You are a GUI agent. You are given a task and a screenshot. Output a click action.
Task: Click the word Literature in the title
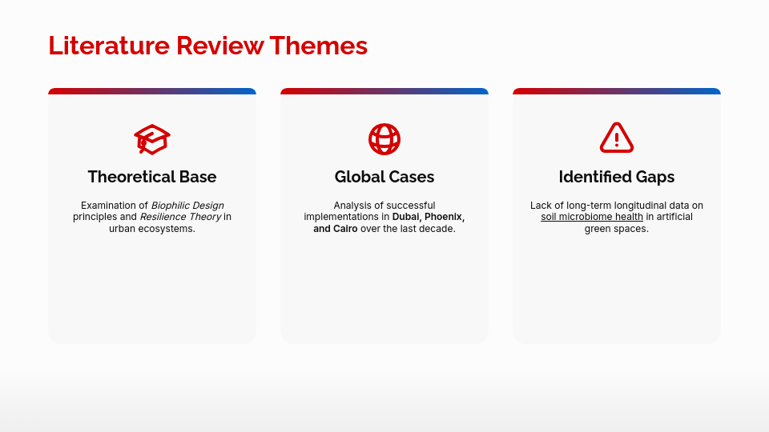click(109, 46)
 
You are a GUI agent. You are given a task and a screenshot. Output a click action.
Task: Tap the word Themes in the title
click(318, 46)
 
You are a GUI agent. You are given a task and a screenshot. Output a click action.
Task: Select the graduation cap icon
click(152, 139)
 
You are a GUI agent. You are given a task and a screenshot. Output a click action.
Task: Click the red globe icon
click(384, 139)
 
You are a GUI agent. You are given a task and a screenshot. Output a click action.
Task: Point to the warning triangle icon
click(617, 138)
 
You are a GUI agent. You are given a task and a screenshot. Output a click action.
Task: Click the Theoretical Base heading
click(152, 177)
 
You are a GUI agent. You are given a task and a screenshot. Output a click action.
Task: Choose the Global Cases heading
click(384, 177)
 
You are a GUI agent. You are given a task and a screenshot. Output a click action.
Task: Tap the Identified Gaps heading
click(617, 177)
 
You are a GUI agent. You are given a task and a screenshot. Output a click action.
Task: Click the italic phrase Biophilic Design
click(187, 206)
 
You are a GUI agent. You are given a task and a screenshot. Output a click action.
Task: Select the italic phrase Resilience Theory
click(180, 217)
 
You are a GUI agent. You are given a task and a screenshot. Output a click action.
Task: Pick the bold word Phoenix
click(445, 217)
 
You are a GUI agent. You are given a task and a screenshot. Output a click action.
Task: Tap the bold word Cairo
click(345, 229)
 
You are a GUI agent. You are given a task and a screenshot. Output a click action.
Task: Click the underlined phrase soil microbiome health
click(592, 217)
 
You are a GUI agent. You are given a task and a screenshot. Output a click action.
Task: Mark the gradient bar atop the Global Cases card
click(384, 91)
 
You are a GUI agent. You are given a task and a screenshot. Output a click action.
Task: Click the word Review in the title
click(219, 46)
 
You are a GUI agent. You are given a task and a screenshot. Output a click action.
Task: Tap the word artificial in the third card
click(674, 217)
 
